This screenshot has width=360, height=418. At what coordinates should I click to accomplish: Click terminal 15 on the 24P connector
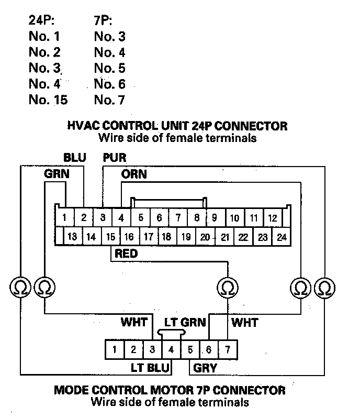pyautogui.click(x=110, y=237)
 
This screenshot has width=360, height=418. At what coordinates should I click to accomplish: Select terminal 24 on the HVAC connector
pyautogui.click(x=282, y=237)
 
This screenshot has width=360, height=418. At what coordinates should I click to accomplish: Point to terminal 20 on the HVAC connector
pyautogui.click(x=205, y=237)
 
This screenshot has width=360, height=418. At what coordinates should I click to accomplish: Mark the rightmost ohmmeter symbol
pyautogui.click(x=325, y=287)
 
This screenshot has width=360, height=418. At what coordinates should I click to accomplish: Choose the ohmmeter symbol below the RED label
pyautogui.click(x=227, y=287)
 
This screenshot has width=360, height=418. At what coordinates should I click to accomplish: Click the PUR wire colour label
pyautogui.click(x=115, y=158)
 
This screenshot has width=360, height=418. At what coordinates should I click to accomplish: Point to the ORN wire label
pyautogui.click(x=134, y=174)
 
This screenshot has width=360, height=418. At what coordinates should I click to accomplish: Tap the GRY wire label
pyautogui.click(x=205, y=368)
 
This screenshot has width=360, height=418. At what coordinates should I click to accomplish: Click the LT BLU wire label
pyautogui.click(x=150, y=368)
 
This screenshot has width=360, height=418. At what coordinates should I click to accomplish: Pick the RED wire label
pyautogui.click(x=126, y=254)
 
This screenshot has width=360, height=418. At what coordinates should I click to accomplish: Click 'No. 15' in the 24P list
pyautogui.click(x=49, y=100)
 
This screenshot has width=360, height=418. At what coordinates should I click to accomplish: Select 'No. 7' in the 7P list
pyautogui.click(x=109, y=100)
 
